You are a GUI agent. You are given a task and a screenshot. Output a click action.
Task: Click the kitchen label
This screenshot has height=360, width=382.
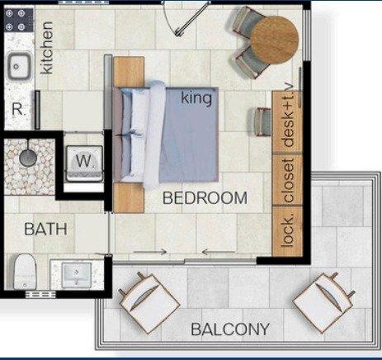[x=46, y=48]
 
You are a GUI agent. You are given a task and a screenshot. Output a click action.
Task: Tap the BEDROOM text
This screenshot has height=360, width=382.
[x=205, y=198]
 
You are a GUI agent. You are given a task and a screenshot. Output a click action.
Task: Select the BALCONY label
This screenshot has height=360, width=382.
[x=230, y=329]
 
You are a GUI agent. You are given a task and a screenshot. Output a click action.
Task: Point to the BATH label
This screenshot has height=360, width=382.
[x=45, y=229]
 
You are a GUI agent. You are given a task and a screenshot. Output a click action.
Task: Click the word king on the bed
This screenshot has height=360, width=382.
[x=196, y=98]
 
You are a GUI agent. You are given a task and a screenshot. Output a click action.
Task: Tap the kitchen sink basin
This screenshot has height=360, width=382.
[x=19, y=66]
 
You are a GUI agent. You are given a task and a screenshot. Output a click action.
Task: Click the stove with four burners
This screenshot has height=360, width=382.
[x=19, y=20]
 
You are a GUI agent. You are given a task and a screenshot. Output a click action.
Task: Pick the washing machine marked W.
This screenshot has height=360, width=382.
[x=84, y=163]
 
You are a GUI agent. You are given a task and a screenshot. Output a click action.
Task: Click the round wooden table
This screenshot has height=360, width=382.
[x=275, y=40]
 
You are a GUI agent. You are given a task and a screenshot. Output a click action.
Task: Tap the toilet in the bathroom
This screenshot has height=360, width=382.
[x=25, y=272]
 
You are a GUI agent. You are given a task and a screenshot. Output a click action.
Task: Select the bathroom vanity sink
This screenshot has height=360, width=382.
[x=77, y=274]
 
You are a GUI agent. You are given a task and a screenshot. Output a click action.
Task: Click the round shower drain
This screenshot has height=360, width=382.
[x=28, y=159]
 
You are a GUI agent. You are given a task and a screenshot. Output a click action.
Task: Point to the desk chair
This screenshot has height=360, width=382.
[x=263, y=122]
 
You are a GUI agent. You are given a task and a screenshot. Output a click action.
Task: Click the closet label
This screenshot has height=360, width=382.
[x=288, y=180]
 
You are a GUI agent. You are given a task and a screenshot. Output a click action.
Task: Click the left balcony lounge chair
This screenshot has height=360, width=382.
[x=149, y=303]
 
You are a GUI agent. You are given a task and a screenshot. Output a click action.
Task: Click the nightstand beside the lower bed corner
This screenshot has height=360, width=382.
[x=129, y=197]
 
